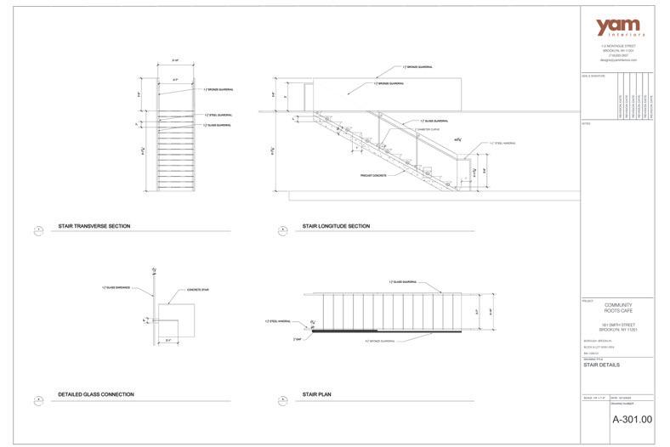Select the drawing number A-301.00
click(x=632, y=419)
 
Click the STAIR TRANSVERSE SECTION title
click(x=94, y=227)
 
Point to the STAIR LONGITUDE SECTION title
click(x=336, y=227)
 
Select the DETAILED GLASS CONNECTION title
click(x=95, y=394)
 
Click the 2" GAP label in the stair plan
click(x=298, y=338)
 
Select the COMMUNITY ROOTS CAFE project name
click(x=618, y=308)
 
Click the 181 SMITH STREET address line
click(x=618, y=325)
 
